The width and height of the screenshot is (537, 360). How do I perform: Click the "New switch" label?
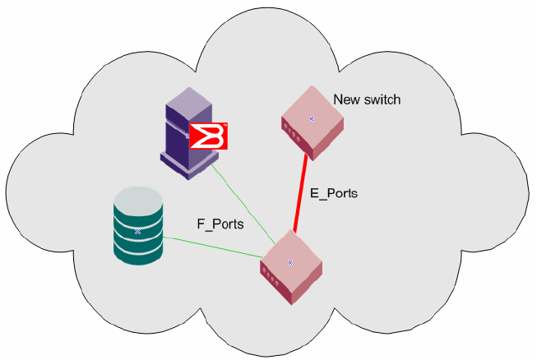(367, 100)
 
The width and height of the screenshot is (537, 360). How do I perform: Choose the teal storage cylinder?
(137, 234)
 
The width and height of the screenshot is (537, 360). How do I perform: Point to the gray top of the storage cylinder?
(137, 197)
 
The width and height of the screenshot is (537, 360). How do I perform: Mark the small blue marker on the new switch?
(312, 119)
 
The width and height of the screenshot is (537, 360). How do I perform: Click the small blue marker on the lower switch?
(290, 263)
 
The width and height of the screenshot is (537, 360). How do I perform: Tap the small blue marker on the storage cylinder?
(138, 232)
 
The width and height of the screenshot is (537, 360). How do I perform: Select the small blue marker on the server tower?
(187, 135)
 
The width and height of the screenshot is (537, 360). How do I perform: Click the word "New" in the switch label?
(345, 100)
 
